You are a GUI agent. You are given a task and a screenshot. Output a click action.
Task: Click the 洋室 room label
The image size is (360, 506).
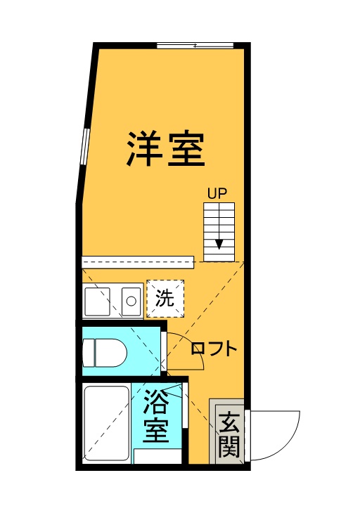pos(166,149)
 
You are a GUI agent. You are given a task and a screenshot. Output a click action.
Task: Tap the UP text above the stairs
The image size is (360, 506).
pos(217,194)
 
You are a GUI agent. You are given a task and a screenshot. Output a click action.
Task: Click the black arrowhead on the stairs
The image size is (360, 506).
pos(219,244)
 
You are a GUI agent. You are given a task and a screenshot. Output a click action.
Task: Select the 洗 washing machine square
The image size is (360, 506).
pos(165,299)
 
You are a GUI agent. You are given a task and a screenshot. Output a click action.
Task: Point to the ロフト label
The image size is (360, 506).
pos(214,349)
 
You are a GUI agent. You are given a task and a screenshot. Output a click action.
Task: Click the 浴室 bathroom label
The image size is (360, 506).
pos(156,415)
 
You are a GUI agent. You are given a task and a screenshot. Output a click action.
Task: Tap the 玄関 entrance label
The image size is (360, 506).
pos(229,434)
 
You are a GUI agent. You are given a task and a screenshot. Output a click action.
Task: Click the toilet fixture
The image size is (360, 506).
pos(105,353)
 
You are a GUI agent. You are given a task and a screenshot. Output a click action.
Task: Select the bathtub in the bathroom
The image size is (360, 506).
pos(107,423)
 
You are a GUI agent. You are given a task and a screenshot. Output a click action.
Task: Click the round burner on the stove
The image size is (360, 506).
pos(131,301)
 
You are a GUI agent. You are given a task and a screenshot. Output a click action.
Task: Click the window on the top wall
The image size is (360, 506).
pos(195,46)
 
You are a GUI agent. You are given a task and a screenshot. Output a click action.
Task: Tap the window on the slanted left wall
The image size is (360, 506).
pos(84,147)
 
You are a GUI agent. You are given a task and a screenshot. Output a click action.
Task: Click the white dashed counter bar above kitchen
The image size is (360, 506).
pos(138,262)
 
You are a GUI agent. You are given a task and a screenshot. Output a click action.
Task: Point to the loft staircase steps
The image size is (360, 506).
pos(219,233)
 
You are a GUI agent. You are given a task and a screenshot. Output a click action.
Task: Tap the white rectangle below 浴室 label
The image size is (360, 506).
pos(158,456)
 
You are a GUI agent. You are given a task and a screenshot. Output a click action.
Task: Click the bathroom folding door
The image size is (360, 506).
pos(185,406)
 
